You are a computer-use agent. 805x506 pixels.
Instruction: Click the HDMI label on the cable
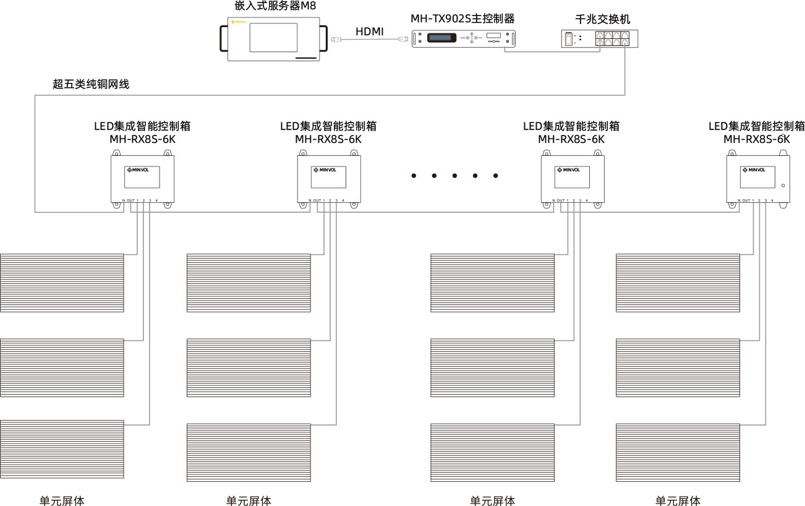tap(369, 31)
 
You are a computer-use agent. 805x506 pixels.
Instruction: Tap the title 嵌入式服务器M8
tap(271, 7)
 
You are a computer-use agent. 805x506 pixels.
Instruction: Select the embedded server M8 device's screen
tap(273, 37)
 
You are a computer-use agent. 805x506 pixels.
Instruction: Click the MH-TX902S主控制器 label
tap(462, 19)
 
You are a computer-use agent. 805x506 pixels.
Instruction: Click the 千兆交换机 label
tap(603, 19)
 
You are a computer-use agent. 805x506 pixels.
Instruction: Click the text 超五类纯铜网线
tap(91, 85)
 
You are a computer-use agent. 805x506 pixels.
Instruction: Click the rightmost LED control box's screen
tap(757, 177)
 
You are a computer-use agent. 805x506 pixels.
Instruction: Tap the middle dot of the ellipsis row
tap(454, 176)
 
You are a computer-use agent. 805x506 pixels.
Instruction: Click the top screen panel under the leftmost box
tap(62, 283)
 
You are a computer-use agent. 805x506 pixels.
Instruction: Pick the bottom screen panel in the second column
tap(249, 452)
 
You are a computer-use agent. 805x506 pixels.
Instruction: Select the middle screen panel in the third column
tap(492, 367)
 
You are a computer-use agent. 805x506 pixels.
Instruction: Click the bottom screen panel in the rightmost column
tap(678, 452)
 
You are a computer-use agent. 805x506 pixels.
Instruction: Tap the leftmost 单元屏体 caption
tap(62, 500)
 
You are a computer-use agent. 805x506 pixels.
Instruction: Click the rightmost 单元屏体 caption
tap(678, 500)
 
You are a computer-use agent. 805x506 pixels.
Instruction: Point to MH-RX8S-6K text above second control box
tap(328, 139)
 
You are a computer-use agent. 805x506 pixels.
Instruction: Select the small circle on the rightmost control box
tap(783, 186)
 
